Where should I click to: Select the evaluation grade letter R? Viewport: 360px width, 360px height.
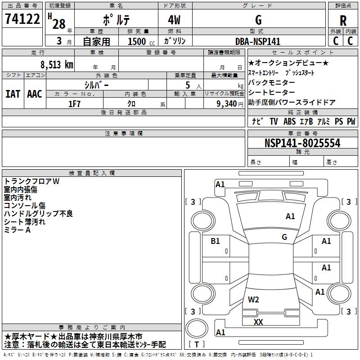pyautogui.click(x=343, y=20)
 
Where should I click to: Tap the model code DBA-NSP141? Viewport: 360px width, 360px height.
pyautogui.click(x=258, y=41)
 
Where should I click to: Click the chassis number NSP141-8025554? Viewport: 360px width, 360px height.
pyautogui.click(x=302, y=143)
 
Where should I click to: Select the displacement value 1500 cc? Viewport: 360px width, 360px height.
pyautogui.click(x=137, y=41)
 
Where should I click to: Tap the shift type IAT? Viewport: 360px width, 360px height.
pyautogui.click(x=13, y=94)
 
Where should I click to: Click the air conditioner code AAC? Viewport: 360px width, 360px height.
pyautogui.click(x=35, y=94)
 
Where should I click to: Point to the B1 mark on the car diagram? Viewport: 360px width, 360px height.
pyautogui.click(x=215, y=241)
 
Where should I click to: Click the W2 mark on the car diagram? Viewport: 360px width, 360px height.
pyautogui.click(x=253, y=299)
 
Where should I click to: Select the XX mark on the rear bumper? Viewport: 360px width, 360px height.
pyautogui.click(x=258, y=322)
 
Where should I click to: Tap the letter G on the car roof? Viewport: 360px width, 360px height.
pyautogui.click(x=284, y=237)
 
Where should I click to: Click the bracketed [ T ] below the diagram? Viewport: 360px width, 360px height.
pyautogui.click(x=197, y=344)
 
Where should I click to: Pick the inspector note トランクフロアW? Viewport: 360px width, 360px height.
pyautogui.click(x=31, y=181)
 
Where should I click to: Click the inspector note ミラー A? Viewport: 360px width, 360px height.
pyautogui.click(x=17, y=230)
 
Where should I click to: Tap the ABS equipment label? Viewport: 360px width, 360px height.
pyautogui.click(x=289, y=121)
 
